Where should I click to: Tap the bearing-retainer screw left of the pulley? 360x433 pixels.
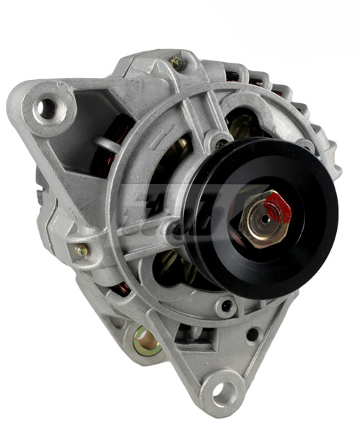click(176, 230)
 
